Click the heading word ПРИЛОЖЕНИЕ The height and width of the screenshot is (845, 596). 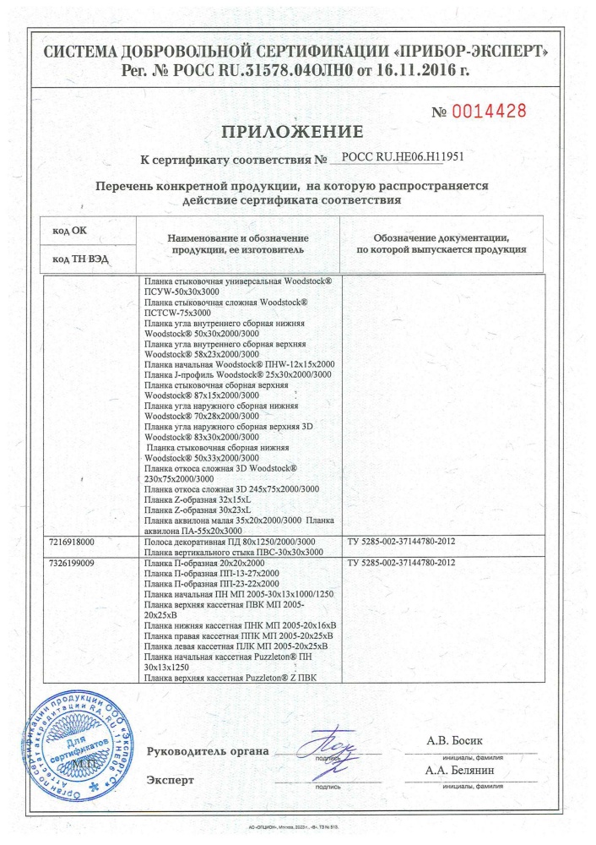pyautogui.click(x=292, y=132)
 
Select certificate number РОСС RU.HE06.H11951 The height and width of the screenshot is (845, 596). pyautogui.click(x=399, y=157)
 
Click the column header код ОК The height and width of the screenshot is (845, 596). pyautogui.click(x=69, y=230)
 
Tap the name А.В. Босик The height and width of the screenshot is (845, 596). pyautogui.click(x=458, y=741)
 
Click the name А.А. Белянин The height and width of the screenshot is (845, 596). pyautogui.click(x=461, y=771)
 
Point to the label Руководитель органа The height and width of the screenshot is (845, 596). pyautogui.click(x=208, y=751)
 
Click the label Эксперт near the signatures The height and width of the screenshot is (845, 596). pyautogui.click(x=171, y=779)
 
